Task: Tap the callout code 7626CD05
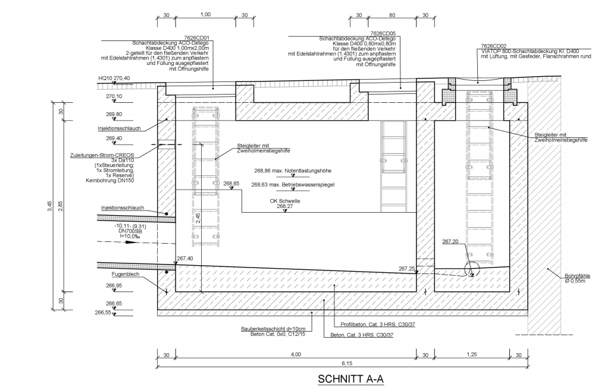384,34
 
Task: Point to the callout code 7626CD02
493,46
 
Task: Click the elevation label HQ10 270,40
114,78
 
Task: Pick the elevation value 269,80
114,114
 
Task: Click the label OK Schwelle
285,202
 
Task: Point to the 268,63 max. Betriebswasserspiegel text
292,185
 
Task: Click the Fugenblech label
123,275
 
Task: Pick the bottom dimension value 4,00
296,354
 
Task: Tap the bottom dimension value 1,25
471,354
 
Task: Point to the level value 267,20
451,242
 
